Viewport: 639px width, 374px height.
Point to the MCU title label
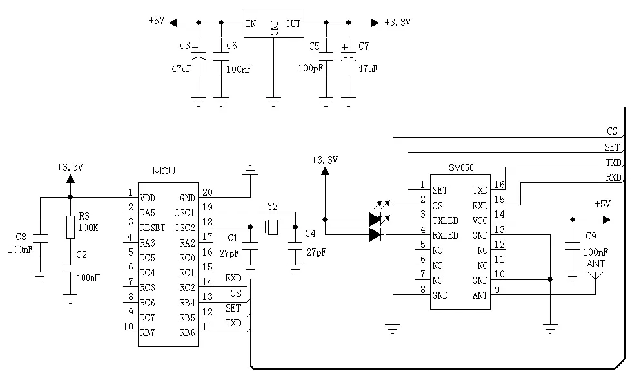point(164,171)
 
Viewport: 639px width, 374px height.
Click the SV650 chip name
point(461,167)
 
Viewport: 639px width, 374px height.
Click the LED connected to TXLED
point(375,220)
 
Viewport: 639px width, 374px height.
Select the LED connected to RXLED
point(375,235)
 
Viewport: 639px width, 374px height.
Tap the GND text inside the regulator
point(275,27)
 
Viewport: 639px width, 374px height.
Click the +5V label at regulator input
point(156,21)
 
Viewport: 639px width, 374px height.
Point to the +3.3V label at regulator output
point(397,22)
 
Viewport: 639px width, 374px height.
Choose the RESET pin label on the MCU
point(153,228)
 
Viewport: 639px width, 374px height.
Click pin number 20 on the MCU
point(207,192)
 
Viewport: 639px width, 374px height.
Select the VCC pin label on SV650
point(479,220)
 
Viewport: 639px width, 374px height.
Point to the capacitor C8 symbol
point(40,239)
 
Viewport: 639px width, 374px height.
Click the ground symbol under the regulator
point(274,101)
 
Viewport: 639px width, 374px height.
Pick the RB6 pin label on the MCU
point(187,332)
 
